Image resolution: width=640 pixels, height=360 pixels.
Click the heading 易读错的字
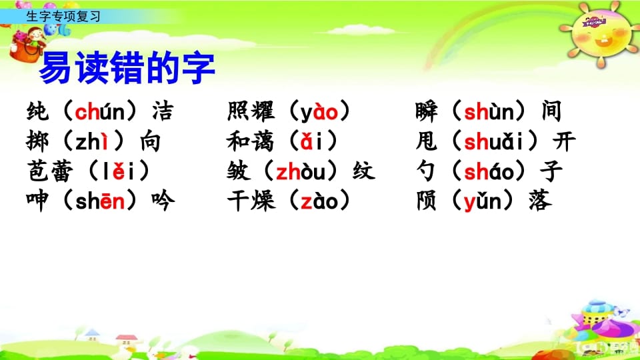point(127,69)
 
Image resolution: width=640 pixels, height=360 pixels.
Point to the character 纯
point(38,112)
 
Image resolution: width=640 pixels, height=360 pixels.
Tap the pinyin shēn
point(99,201)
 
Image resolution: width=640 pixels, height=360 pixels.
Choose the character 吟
point(163,201)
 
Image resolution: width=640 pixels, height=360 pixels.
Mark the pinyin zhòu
point(305,171)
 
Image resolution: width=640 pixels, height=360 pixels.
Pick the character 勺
point(427,171)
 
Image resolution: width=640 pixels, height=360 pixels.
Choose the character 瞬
point(427,112)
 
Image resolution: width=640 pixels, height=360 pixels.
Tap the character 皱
point(239,171)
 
